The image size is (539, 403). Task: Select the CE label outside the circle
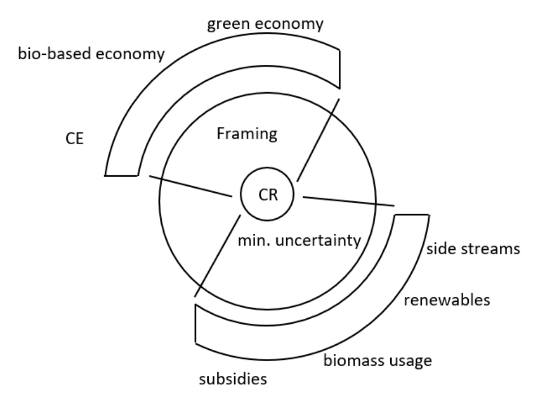pos(74,138)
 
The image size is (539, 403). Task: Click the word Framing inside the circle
pos(247,134)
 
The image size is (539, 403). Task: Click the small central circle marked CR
pos(268,194)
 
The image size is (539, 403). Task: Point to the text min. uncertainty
pos(299,241)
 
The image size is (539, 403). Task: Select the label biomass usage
pos(377,359)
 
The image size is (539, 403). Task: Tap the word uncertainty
pos(320,241)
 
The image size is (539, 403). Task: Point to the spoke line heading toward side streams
pos(348,200)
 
